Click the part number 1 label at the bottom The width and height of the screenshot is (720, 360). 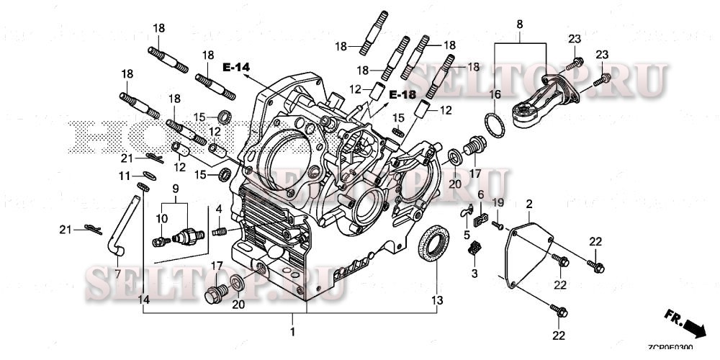[292, 332]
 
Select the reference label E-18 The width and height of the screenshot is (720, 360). [402, 95]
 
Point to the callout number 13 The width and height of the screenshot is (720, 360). [437, 300]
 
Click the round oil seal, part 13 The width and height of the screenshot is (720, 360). [433, 244]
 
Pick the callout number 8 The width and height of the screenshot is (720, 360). [519, 24]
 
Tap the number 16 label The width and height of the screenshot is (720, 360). [495, 94]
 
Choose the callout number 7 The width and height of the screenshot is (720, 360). [118, 275]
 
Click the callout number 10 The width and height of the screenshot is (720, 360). [163, 218]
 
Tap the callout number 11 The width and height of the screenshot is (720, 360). [124, 176]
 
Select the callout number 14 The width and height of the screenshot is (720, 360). [144, 299]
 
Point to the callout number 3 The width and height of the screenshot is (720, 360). [474, 274]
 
